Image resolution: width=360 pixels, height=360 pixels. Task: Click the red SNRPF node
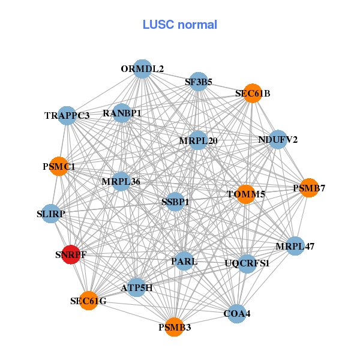71,254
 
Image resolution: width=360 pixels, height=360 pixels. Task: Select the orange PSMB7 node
308,188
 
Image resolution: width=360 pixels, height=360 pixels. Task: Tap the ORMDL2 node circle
142,69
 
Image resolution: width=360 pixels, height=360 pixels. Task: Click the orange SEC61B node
253,94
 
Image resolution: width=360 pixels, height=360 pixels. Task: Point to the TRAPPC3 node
67,115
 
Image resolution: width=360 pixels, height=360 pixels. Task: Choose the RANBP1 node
122,113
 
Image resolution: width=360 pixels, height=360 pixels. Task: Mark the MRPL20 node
198,141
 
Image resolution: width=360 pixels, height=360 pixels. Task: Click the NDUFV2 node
278,140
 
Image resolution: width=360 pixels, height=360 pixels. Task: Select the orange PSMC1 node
59,166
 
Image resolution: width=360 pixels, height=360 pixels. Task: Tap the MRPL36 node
121,181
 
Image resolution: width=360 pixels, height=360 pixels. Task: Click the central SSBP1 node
175,202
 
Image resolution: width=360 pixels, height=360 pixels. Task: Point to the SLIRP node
51,214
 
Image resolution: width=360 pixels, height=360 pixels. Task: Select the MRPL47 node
295,246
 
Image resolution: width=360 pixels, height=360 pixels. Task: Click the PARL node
184,261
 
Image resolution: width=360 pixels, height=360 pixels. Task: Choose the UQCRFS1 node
247,263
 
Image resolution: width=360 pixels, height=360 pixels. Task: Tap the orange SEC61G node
88,301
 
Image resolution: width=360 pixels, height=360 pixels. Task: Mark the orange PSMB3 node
175,327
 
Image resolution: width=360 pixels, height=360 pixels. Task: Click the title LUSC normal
180,25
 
